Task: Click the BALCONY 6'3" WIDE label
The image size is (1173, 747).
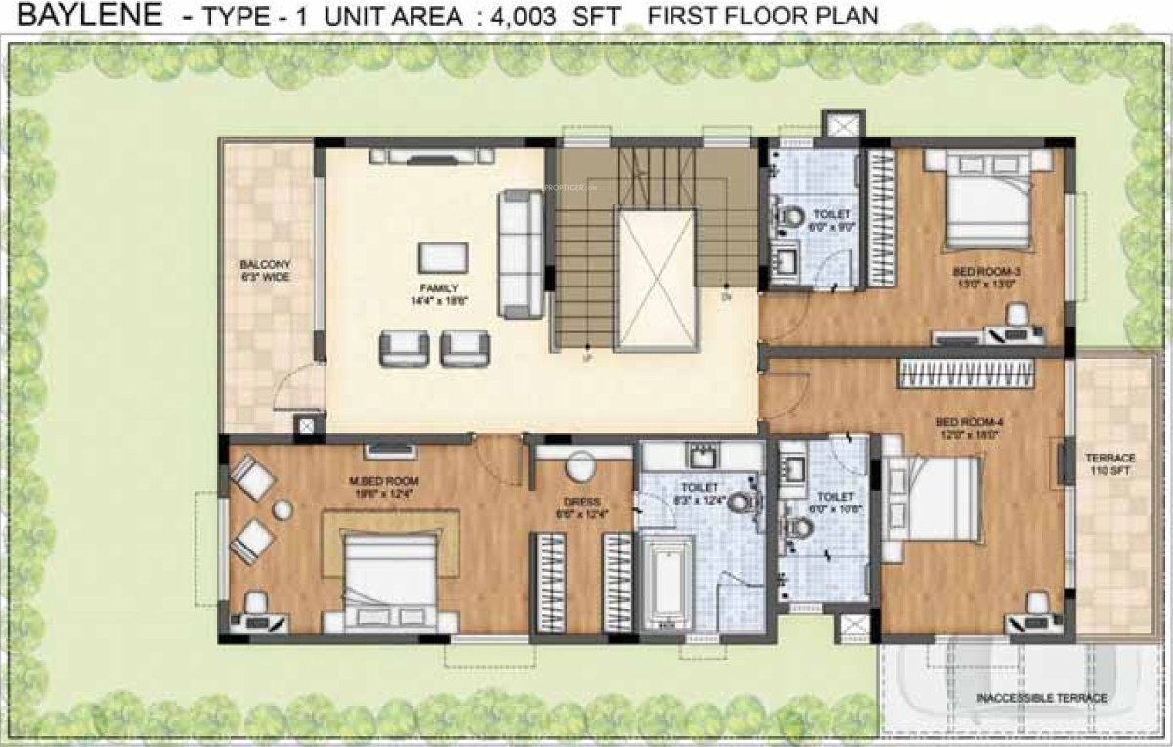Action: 266,271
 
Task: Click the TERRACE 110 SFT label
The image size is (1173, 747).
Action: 1110,464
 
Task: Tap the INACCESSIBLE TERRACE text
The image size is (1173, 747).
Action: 1041,698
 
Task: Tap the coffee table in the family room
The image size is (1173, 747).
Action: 436,257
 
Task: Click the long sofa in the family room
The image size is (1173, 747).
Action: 519,253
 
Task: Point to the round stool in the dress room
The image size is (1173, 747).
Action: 581,467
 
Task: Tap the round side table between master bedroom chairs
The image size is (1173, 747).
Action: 282,509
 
